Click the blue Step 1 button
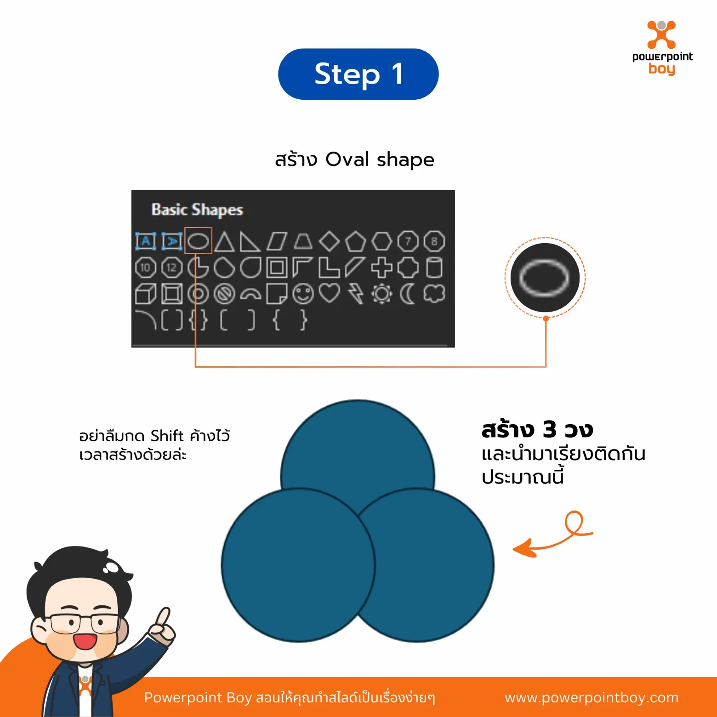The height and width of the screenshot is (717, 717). [x=358, y=74]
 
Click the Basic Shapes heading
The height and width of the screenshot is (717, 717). [x=197, y=210]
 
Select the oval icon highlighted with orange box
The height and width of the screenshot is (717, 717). [x=198, y=241]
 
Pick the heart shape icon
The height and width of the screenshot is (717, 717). [x=329, y=293]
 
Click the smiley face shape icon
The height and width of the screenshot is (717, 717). [x=303, y=294]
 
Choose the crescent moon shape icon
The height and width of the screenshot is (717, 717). [x=407, y=294]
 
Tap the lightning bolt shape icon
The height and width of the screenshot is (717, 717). [x=355, y=294]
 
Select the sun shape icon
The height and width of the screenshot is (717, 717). [x=381, y=294]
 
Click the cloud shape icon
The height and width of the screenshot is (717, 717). [x=434, y=293]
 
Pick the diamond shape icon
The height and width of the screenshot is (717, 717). [x=329, y=241]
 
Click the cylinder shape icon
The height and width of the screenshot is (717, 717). [x=434, y=267]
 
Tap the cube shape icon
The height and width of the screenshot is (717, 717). [x=146, y=294]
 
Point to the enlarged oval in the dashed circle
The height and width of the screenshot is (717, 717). [x=545, y=278]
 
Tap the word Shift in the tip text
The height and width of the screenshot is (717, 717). [x=167, y=436]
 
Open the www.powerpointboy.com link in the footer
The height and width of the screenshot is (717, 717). [x=591, y=697]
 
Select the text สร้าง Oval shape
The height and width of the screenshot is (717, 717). [x=354, y=159]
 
